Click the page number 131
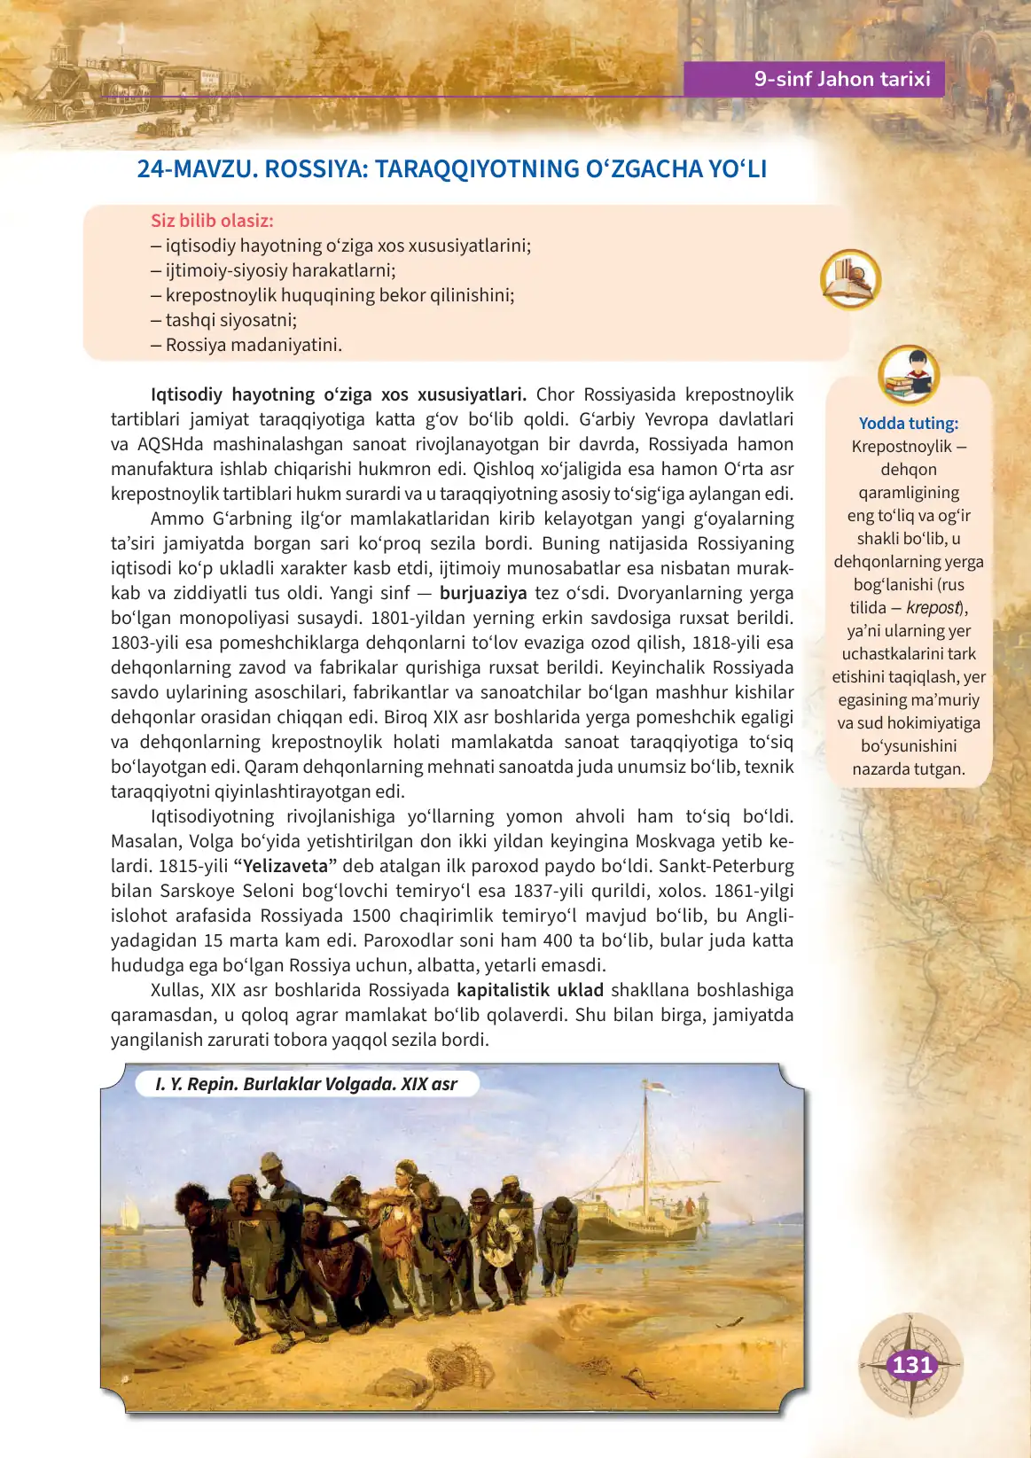(x=911, y=1365)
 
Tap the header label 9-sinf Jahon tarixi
(x=841, y=79)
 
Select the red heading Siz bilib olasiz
(x=212, y=221)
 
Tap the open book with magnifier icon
(x=850, y=280)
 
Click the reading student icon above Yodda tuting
(x=909, y=375)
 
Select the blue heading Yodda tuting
(x=909, y=424)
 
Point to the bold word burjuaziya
(x=483, y=593)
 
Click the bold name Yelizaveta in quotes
(x=285, y=866)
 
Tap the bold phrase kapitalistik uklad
(x=529, y=990)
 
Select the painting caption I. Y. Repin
(x=306, y=1084)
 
